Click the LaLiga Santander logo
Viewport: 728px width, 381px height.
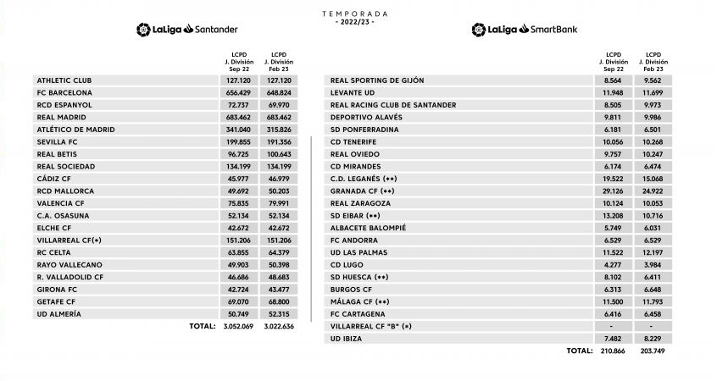pyautogui.click(x=187, y=30)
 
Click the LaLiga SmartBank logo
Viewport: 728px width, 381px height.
pyautogui.click(x=525, y=30)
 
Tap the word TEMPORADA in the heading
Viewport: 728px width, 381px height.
pyautogui.click(x=355, y=14)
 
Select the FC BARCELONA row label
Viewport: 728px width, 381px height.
pyautogui.click(x=64, y=92)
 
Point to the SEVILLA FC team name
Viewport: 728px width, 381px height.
pyautogui.click(x=58, y=142)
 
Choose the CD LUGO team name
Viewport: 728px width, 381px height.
pyautogui.click(x=347, y=264)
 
